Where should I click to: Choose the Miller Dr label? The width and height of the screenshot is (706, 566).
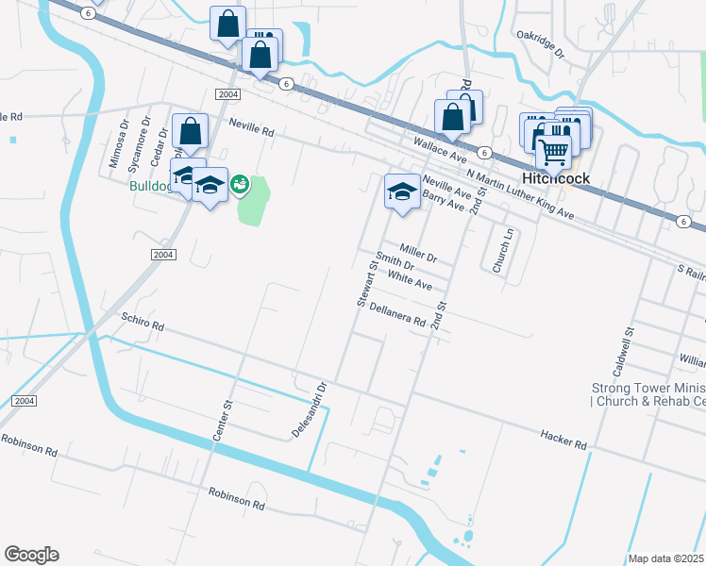click(418, 252)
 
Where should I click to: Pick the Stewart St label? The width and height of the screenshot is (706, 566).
click(367, 284)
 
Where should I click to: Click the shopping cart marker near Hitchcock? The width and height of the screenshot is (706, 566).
click(553, 150)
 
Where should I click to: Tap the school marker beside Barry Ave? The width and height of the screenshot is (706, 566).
click(402, 192)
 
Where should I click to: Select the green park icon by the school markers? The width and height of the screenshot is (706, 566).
click(240, 183)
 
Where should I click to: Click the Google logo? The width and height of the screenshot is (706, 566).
click(31, 555)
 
